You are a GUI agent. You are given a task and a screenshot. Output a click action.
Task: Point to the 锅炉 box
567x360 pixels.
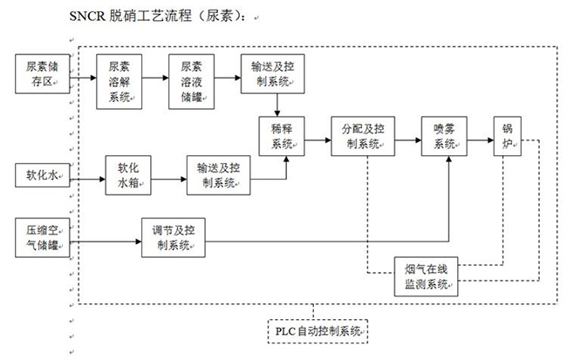(x=508, y=135)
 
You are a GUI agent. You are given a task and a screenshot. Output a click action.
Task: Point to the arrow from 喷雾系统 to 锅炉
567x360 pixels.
(x=480, y=136)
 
